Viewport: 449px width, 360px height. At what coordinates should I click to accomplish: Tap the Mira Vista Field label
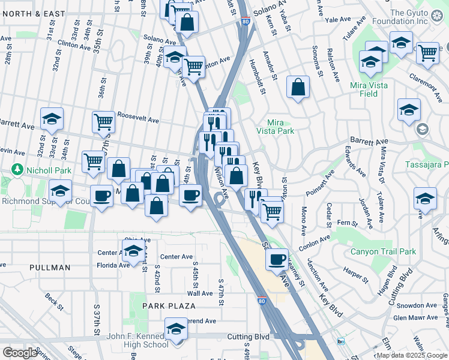tap(369, 89)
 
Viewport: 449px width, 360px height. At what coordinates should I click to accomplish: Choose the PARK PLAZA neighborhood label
tap(169, 306)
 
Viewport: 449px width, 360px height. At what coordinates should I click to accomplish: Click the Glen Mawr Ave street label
tap(415, 317)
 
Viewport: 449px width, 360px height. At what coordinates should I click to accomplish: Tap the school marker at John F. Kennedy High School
tap(176, 331)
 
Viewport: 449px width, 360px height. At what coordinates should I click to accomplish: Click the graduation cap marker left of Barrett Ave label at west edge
tap(52, 119)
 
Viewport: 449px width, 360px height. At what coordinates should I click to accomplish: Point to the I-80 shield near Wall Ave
tap(261, 301)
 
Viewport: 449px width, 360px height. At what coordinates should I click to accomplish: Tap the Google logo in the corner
tap(20, 353)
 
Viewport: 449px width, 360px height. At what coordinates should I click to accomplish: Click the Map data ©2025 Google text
tap(412, 355)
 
